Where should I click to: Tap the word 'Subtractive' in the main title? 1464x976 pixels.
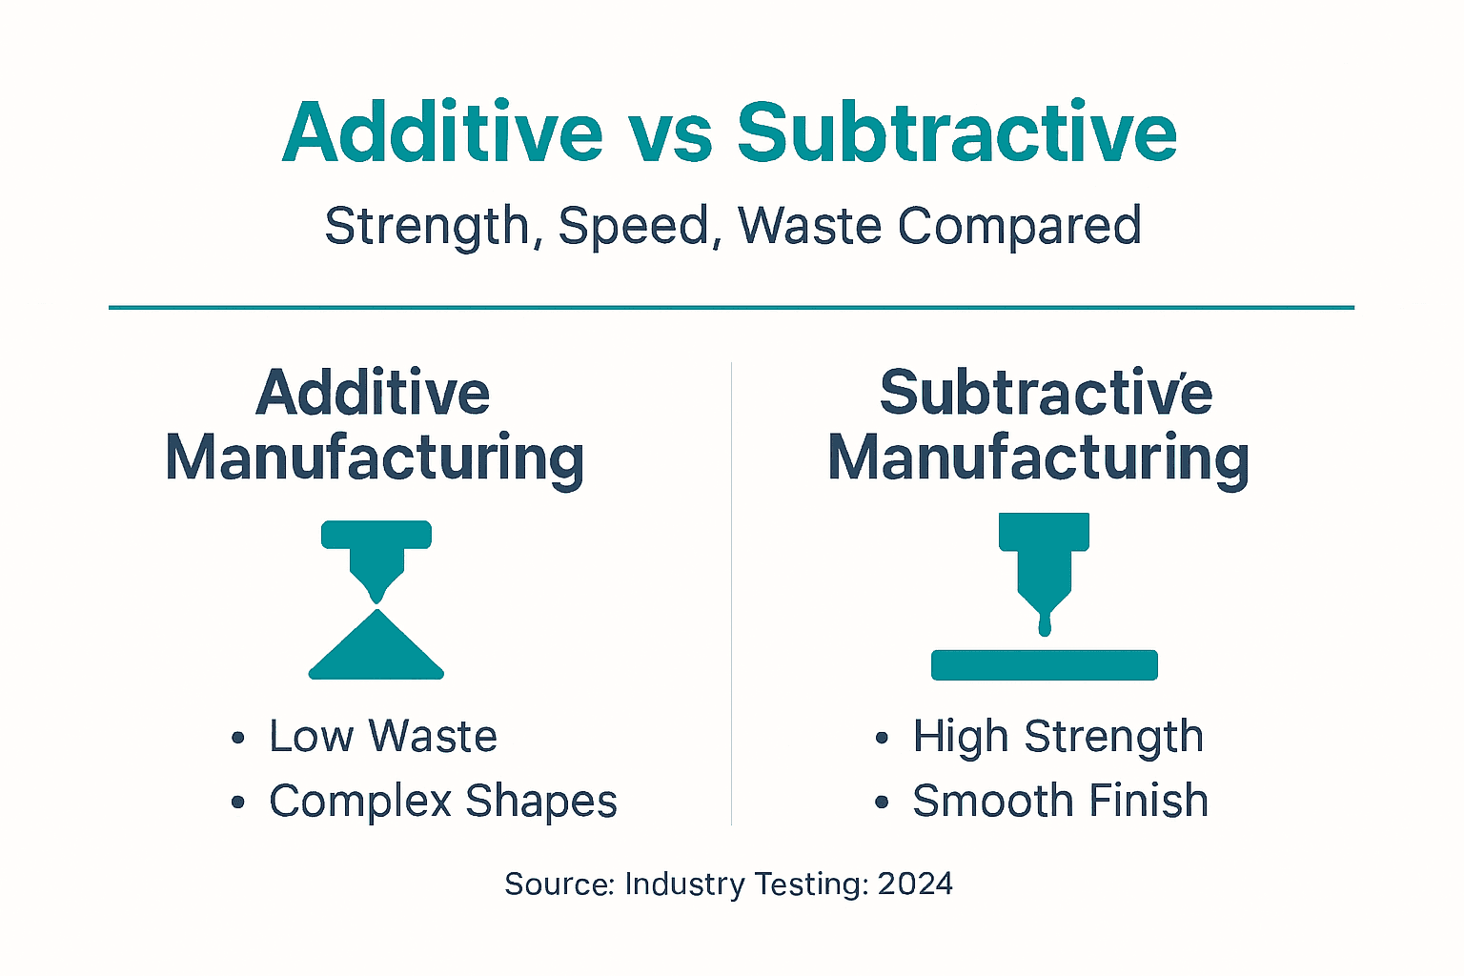click(957, 133)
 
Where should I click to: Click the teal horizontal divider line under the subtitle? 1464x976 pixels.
click(731, 308)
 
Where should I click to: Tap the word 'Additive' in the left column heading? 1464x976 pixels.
click(373, 393)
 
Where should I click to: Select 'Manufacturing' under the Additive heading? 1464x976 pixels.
click(375, 458)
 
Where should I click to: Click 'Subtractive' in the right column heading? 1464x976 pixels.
click(1046, 393)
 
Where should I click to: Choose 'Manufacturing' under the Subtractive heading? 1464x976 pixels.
click(1039, 458)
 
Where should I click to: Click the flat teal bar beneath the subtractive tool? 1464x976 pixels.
click(1044, 664)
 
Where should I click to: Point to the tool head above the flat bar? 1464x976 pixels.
click(1045, 562)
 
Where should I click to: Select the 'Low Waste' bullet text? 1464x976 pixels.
click(382, 737)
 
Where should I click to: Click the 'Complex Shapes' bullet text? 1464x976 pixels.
click(442, 801)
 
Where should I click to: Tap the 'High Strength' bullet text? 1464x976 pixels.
click(1058, 737)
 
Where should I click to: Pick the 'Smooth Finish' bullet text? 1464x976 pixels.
click(1060, 801)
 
